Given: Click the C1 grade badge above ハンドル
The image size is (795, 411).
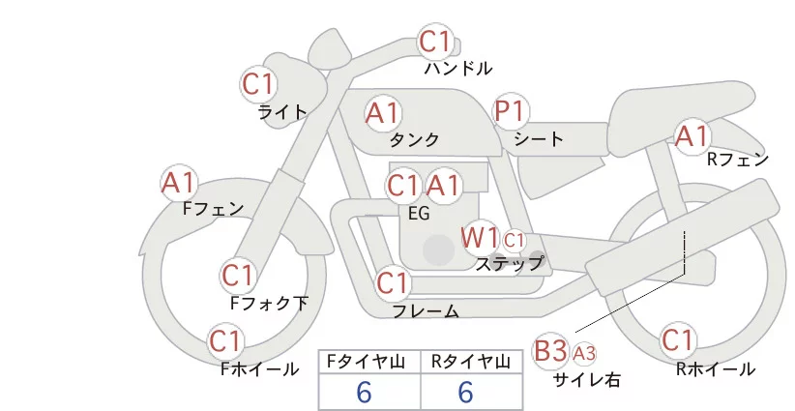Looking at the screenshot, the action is coord(435,43).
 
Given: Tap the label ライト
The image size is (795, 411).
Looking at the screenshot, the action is coord(282,111).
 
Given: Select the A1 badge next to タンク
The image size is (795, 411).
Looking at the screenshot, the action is coord(383,113).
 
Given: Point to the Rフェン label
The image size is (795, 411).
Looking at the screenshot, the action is coord(737,160).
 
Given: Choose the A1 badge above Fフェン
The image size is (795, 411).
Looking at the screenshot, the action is coord(179,182).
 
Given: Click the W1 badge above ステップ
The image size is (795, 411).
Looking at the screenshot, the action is coord(479,237).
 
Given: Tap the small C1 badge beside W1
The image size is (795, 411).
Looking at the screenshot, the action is coord(514,239).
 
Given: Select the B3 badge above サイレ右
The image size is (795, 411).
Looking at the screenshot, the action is coord(550,350).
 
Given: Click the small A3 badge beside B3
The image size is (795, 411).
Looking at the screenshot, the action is coord(584,352).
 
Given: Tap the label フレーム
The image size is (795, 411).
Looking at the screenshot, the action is coord(426,310).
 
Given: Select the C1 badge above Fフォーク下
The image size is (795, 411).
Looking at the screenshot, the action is coord(237,276).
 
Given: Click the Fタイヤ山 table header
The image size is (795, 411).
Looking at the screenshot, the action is coord(368,362).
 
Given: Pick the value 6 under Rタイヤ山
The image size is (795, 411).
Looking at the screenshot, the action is coord(465,393).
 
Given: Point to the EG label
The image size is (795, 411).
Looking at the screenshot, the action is coord(420,214).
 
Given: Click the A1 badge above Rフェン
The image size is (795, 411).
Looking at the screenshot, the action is coord(692,136).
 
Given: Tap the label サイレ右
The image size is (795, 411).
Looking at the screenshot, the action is coord(586,380).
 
